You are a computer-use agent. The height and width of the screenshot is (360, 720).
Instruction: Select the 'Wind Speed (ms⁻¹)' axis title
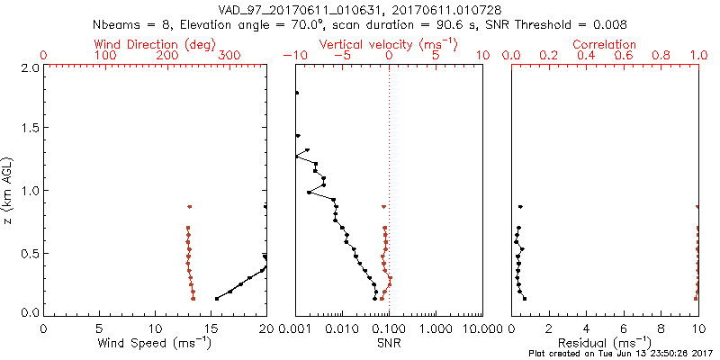pyautogui.click(x=156, y=343)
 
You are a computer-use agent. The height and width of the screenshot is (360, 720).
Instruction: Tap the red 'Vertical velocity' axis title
pyautogui.click(x=388, y=44)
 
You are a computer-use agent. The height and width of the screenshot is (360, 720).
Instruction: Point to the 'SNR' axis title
pyautogui.click(x=388, y=343)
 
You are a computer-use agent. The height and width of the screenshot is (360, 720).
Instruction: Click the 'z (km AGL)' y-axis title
pyautogui.click(x=9, y=191)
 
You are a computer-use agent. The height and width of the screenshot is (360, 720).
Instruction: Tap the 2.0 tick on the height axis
pyautogui.click(x=29, y=68)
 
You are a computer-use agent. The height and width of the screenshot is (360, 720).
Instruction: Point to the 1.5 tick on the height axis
pyautogui.click(x=29, y=129)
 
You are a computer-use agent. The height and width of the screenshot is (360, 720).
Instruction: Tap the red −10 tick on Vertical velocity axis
pyautogui.click(x=293, y=56)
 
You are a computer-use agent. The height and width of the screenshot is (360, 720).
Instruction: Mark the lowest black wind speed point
pyautogui.click(x=217, y=298)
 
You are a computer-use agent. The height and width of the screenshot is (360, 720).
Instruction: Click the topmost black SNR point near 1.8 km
pyautogui.click(x=296, y=93)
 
